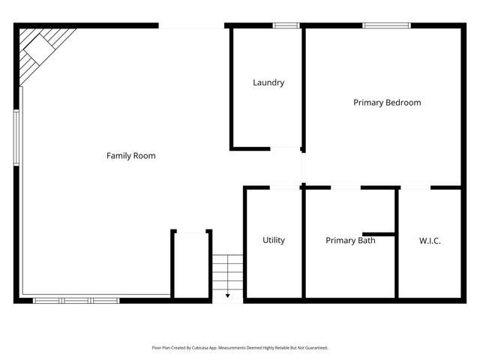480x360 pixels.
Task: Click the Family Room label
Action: [130, 156]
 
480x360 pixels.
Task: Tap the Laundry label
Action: [268, 82]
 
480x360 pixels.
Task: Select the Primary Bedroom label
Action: [387, 103]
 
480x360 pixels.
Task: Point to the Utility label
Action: [274, 240]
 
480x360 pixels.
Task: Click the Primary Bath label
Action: [350, 241]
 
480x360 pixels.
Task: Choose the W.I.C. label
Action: [430, 241]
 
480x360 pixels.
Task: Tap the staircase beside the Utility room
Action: [227, 273]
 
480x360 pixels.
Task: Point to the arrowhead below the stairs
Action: [227, 296]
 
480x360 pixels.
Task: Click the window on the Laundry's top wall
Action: [286, 25]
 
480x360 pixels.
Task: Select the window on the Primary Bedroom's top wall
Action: [386, 25]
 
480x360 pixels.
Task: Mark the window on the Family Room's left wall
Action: [16, 137]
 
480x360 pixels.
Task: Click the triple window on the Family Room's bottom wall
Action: [76, 301]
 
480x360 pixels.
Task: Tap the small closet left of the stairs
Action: [191, 264]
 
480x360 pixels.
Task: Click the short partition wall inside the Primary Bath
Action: [379, 233]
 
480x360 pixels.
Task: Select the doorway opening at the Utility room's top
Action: [285, 187]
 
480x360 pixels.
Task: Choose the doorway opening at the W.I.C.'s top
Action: [415, 187]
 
